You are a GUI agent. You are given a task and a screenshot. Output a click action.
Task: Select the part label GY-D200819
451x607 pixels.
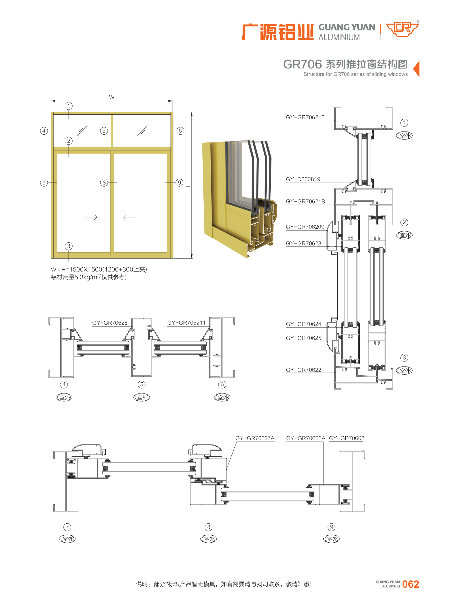[303, 179]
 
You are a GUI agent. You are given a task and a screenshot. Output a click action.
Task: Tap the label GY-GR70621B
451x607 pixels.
[305, 202]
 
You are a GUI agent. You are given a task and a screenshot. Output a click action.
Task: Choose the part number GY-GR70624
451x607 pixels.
[303, 324]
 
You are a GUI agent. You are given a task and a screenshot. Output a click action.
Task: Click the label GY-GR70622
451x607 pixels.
[303, 370]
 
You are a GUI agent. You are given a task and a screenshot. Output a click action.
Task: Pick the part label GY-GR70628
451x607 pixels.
[110, 323]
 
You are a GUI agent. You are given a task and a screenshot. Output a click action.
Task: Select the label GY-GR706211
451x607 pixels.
[186, 323]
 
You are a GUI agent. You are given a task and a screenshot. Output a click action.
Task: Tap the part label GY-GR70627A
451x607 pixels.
[255, 438]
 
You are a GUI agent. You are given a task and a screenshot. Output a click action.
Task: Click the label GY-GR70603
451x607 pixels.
[346, 438]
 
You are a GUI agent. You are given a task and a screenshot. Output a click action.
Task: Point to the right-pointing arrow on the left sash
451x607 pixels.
[91, 217]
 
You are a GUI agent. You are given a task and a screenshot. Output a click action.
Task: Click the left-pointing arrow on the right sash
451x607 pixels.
[129, 217]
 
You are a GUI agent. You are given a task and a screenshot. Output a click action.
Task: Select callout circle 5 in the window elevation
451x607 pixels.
[104, 131]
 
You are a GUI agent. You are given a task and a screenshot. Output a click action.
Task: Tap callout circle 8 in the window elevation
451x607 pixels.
[104, 183]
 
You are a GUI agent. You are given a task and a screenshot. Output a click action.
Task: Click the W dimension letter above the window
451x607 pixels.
[112, 97]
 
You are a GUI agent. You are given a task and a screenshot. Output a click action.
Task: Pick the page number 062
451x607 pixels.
[410, 584]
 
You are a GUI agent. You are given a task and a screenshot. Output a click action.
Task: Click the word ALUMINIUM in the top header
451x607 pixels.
[339, 37]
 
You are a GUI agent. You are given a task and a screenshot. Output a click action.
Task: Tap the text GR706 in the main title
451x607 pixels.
[302, 64]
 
